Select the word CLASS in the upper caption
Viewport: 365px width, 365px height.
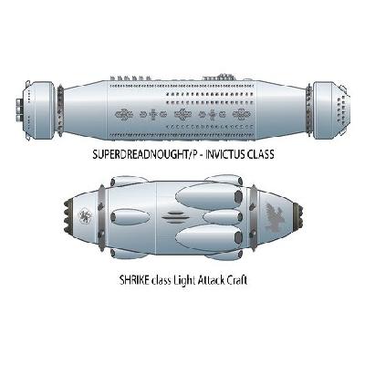(x=261, y=154)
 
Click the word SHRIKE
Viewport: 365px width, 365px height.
(x=133, y=280)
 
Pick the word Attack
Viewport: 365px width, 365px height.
(x=212, y=280)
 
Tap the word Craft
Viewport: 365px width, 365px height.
(x=236, y=280)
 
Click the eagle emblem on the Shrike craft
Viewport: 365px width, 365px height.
(x=274, y=216)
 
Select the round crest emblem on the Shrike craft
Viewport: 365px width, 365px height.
(x=85, y=216)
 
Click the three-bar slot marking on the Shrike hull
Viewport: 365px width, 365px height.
(x=173, y=217)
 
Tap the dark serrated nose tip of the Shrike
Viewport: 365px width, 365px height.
(x=69, y=216)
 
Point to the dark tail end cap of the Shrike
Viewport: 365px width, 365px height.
(x=298, y=216)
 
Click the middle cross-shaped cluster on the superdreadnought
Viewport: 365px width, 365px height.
(x=182, y=115)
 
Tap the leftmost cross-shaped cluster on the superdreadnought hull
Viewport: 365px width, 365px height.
(x=124, y=115)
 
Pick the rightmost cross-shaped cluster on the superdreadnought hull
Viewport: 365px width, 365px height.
(x=242, y=115)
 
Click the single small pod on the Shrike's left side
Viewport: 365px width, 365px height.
(x=130, y=217)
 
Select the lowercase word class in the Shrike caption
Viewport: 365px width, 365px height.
(x=160, y=280)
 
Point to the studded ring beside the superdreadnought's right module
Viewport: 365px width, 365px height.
(x=308, y=110)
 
